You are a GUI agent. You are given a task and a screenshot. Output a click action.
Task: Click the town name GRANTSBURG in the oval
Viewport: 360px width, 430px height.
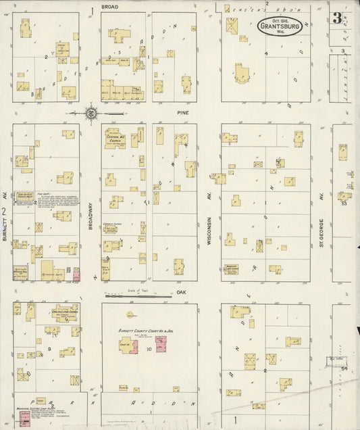280,28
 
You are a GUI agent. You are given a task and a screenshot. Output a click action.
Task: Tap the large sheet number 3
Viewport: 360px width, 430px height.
336,18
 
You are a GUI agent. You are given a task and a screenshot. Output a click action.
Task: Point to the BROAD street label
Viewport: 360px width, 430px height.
109,6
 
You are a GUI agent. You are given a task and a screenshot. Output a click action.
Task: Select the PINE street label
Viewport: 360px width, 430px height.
182,112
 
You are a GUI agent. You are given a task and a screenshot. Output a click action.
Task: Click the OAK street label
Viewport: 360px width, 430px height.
181,293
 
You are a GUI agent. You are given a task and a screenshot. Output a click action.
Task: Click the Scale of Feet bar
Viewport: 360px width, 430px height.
138,295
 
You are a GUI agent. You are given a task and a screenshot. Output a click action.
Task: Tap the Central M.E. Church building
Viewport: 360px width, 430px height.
112,137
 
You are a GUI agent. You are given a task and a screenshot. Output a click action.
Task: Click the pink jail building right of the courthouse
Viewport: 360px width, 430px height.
161,343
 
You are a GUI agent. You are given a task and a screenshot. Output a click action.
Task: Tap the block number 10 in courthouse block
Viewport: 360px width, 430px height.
149,349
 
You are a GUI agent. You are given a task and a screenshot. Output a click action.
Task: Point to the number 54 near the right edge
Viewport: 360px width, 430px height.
344,368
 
